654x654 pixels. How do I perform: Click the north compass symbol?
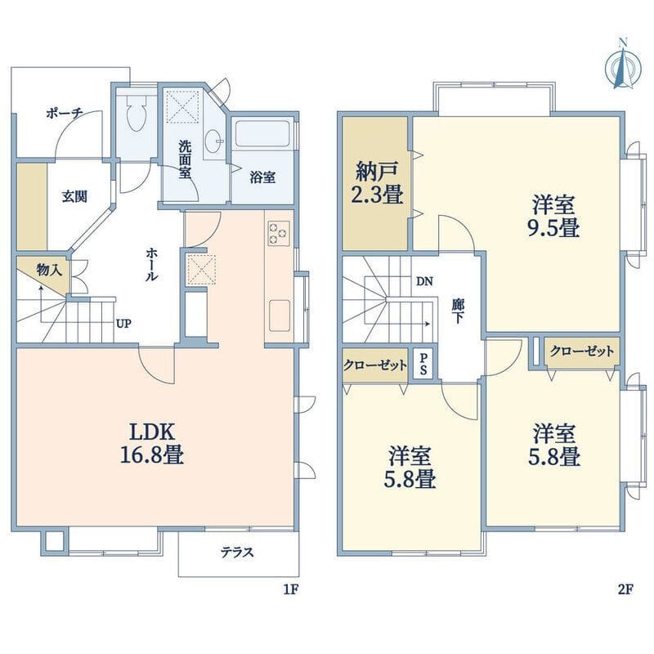pos(623,65)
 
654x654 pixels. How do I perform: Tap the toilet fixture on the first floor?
pos(136,111)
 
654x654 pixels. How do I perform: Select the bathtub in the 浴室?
pos(262,133)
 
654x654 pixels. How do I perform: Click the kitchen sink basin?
pos(280,316)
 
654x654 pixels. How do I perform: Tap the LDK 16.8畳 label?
pos(152,443)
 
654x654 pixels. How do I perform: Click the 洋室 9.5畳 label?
pos(553,216)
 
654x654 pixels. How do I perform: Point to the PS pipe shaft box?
pos(423,364)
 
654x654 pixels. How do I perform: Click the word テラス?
pos(237,553)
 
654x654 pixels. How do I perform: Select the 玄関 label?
pos(75,196)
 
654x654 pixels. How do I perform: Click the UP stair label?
pos(124,324)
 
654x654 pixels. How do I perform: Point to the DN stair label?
pos(424,281)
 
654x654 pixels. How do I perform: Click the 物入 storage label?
pos(49,270)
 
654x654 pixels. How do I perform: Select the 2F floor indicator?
pos(625,589)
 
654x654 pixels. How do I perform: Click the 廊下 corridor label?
pos(458,311)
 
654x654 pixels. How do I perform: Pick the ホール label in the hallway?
pos(151,264)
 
